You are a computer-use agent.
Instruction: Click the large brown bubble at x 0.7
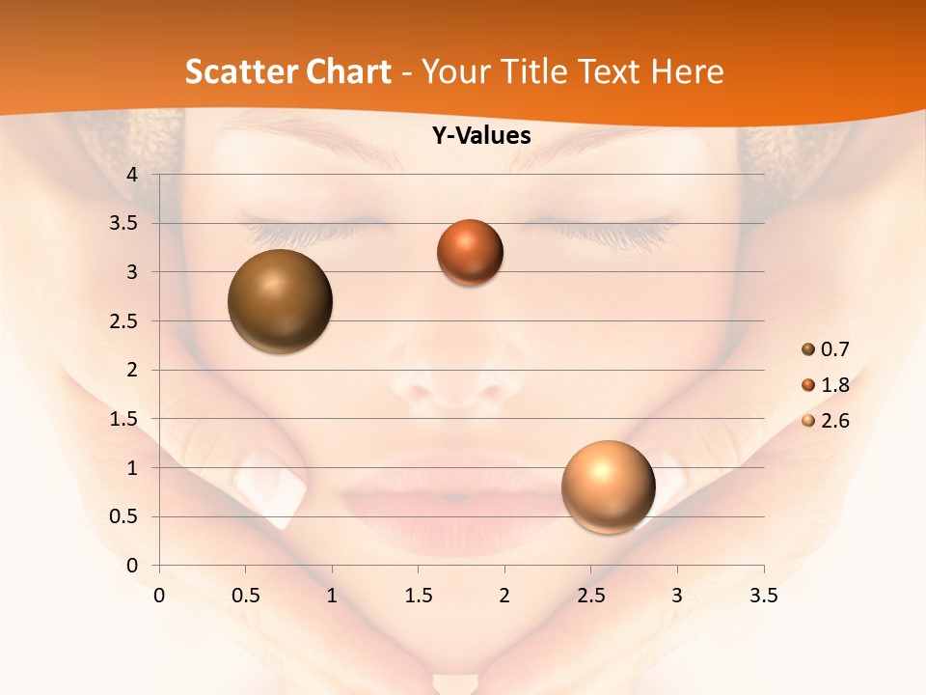281,301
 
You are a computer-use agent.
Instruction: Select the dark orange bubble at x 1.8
470,252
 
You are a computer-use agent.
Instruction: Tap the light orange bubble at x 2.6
608,486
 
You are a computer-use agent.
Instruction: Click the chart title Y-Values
481,136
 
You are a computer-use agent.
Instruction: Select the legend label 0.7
834,349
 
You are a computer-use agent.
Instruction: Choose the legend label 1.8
834,385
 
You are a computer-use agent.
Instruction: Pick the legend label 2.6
834,421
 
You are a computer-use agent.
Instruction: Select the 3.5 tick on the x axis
763,596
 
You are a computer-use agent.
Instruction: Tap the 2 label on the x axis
504,596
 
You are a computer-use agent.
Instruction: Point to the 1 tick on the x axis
332,596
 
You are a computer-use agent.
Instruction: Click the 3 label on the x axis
677,596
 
